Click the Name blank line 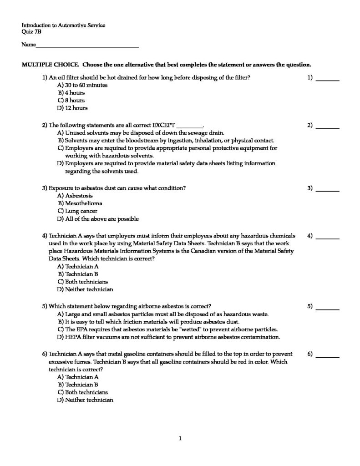click(87, 46)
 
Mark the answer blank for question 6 click(328, 354)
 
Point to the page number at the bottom click(180, 438)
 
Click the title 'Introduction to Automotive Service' click(63, 25)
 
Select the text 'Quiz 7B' click(31, 32)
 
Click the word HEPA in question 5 click(72, 337)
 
